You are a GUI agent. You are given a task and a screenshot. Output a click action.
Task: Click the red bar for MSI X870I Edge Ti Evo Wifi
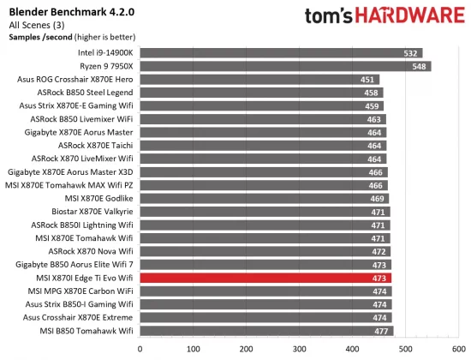pyautogui.click(x=265, y=279)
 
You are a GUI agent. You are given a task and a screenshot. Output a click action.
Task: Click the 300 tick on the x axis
pyautogui.click(x=300, y=349)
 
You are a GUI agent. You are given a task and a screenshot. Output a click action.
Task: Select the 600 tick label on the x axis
pyautogui.click(x=458, y=349)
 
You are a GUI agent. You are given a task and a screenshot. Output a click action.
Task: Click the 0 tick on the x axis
pyautogui.click(x=140, y=349)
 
